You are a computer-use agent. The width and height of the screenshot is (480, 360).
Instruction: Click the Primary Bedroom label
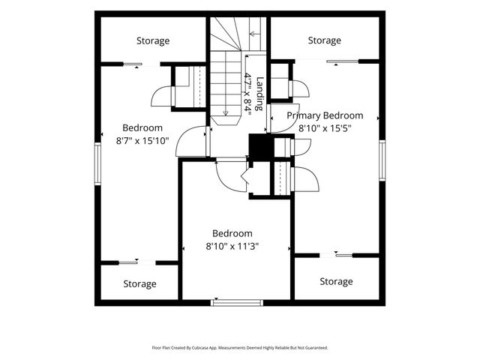[x=325, y=115]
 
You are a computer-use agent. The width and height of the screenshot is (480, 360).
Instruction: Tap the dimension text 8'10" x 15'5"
[x=325, y=128]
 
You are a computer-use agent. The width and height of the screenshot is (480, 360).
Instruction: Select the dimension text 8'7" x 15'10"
[x=142, y=141]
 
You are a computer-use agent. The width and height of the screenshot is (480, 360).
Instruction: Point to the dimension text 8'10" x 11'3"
[x=232, y=246]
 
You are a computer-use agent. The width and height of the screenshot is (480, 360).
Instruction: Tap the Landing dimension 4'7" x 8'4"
[x=247, y=94]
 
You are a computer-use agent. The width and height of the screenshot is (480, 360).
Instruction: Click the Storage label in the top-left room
[x=153, y=41]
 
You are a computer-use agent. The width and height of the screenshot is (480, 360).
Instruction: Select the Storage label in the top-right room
[x=325, y=40]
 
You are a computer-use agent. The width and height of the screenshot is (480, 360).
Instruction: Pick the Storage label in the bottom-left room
[x=140, y=284]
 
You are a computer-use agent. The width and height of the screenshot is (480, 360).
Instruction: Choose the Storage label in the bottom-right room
[x=336, y=282]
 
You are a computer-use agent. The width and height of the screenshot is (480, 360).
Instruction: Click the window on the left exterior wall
[x=97, y=163]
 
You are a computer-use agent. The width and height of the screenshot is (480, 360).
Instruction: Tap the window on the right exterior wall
[x=382, y=160]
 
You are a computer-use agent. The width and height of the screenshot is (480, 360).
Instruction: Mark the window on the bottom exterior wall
[x=237, y=303]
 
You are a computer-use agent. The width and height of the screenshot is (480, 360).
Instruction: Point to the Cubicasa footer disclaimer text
[x=240, y=348]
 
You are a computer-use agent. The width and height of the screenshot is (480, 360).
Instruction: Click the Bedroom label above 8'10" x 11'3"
[x=232, y=233]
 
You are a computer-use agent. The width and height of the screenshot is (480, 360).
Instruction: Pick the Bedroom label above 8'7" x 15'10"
[x=142, y=128]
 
